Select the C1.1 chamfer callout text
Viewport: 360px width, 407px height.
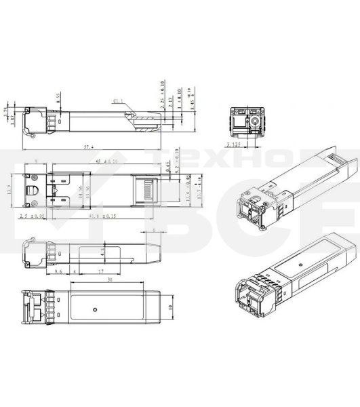118,101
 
